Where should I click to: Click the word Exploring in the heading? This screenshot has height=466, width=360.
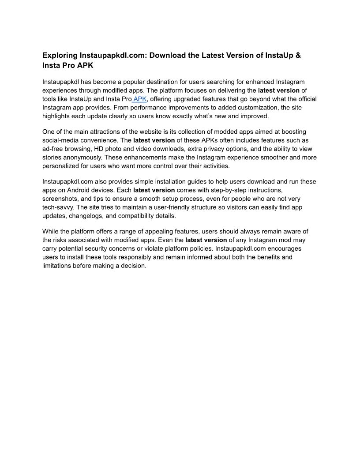point(60,56)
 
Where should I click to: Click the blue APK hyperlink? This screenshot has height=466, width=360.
point(140,99)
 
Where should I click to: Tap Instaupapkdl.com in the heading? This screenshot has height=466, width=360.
point(114,56)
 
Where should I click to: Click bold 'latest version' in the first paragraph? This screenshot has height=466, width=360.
point(278,90)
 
